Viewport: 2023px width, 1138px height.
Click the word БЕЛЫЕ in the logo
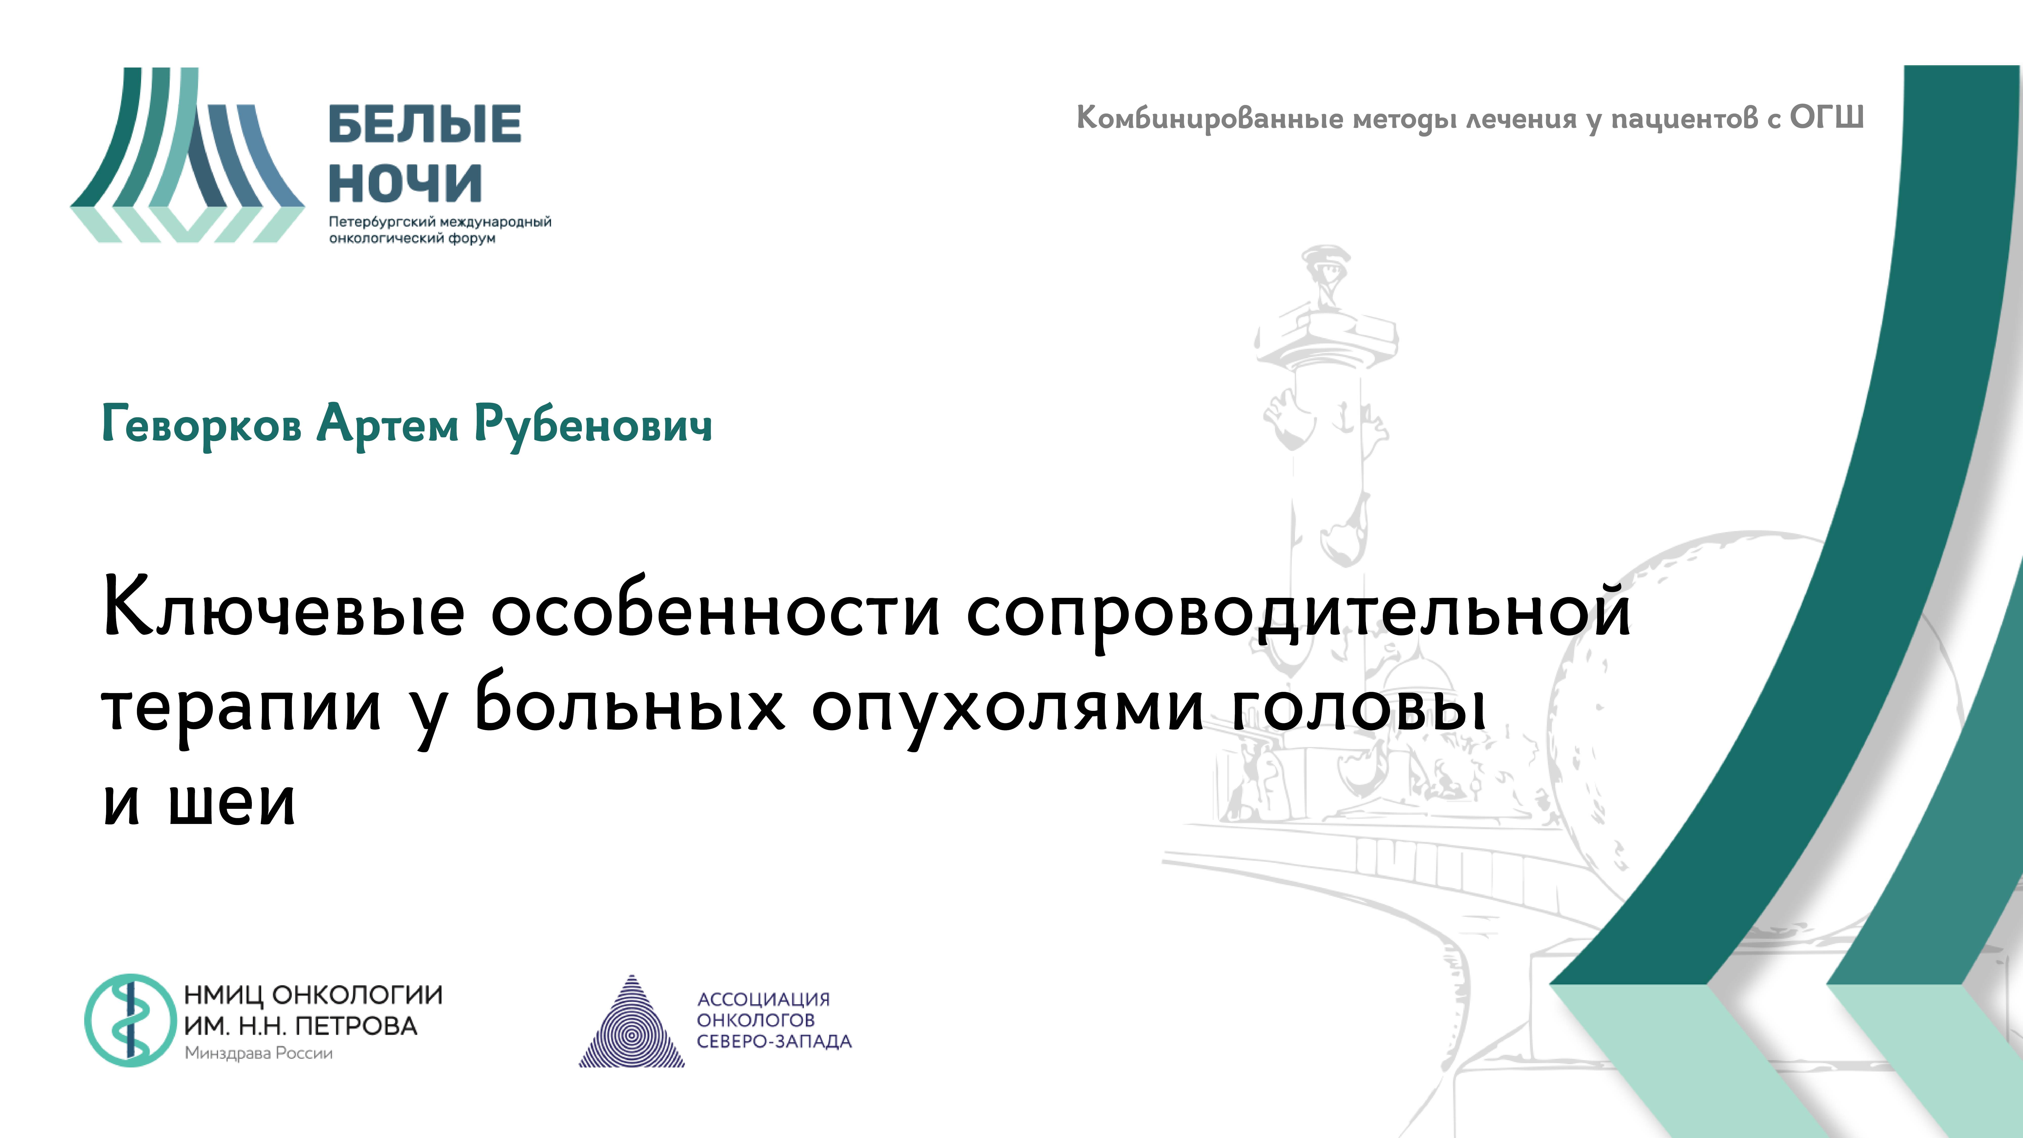point(424,124)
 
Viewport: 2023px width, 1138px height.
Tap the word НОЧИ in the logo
point(404,183)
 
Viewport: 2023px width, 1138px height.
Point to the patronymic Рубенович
point(593,425)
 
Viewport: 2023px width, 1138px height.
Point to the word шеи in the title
point(232,803)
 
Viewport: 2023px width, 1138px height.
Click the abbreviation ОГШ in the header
point(1826,118)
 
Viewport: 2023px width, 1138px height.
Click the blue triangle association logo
point(631,1025)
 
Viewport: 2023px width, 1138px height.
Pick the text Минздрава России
point(258,1053)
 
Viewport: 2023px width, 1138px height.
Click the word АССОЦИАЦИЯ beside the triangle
point(763,999)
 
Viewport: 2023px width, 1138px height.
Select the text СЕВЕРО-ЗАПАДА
point(774,1041)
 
